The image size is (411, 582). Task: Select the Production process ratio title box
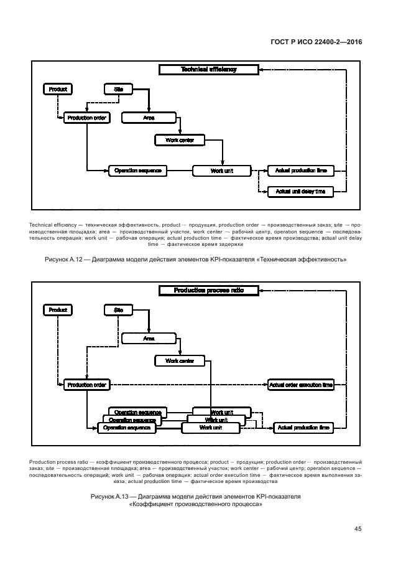tap(208, 290)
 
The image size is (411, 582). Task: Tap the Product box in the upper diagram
tap(58, 90)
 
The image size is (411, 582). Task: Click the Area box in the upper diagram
tap(149, 117)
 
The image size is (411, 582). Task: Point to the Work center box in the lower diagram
tap(179, 361)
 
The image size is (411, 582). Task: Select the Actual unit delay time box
tap(300, 192)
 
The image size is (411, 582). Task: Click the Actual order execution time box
tap(300, 385)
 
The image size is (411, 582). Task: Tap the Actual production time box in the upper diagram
tap(300, 170)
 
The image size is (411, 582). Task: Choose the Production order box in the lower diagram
tap(86, 385)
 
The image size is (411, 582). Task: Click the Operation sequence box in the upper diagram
tap(137, 170)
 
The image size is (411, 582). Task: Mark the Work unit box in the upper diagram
tap(221, 170)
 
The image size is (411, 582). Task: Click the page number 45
tap(358, 529)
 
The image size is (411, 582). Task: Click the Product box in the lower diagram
tap(58, 310)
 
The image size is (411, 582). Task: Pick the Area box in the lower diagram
tap(149, 339)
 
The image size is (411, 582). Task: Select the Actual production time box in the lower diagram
tap(303, 428)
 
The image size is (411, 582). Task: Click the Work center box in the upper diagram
tap(179, 141)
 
